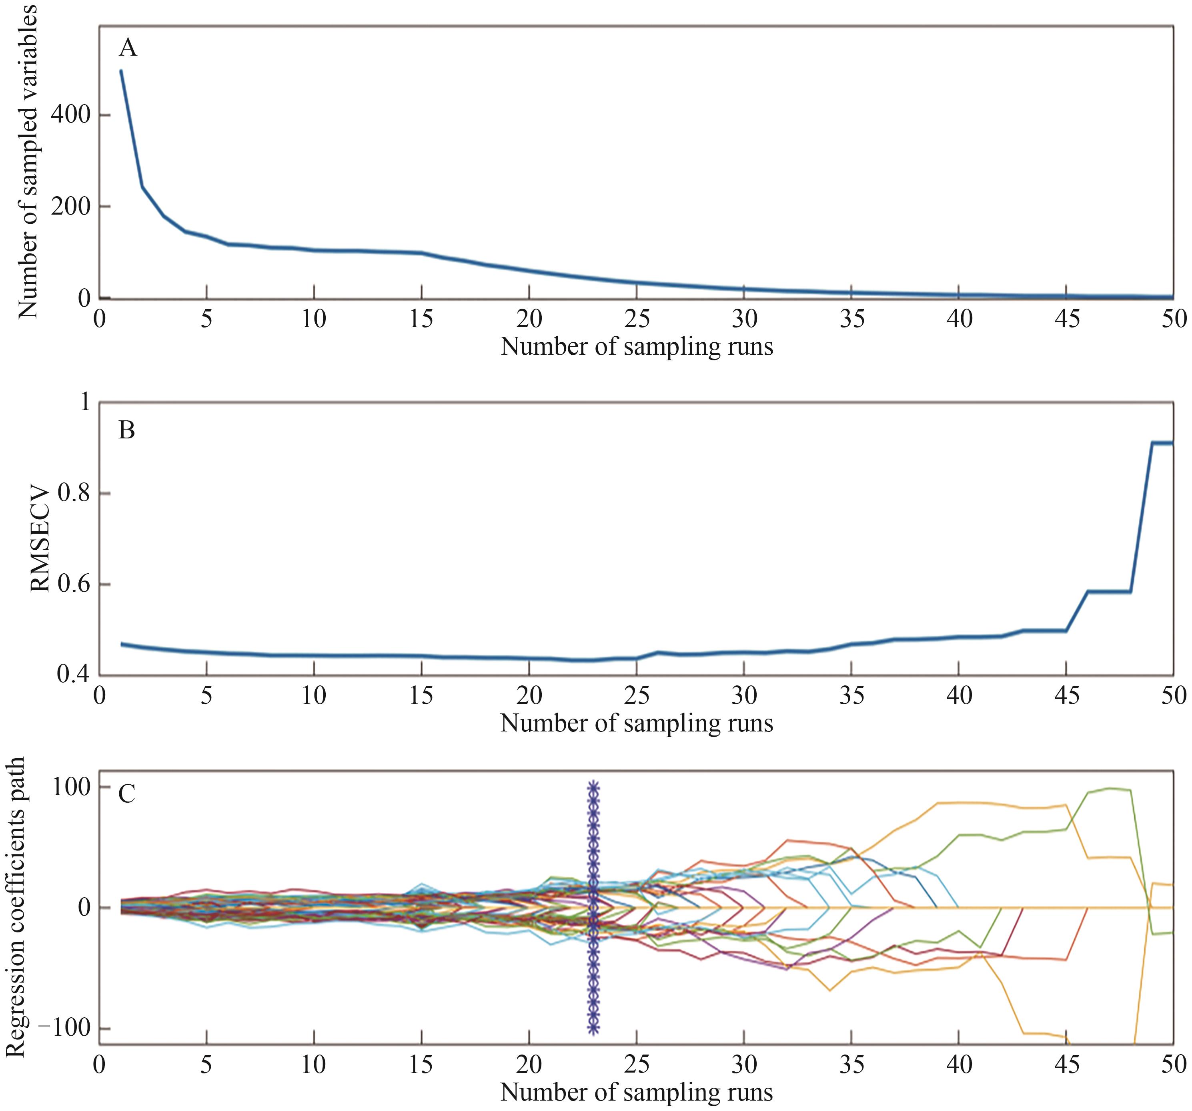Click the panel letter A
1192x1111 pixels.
[128, 47]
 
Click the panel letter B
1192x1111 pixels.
[126, 430]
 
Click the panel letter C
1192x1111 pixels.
[126, 794]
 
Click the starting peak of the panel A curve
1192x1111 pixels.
[121, 71]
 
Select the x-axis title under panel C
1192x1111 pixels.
[636, 1093]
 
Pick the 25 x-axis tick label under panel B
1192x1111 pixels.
[636, 695]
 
